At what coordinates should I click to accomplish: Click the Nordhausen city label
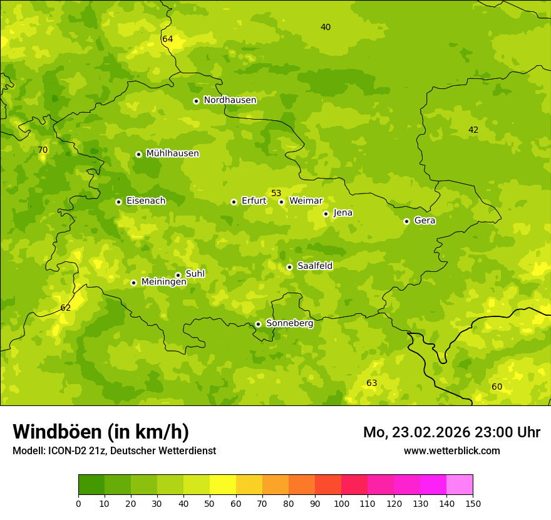[230, 100]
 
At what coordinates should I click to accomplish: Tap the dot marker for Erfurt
[234, 202]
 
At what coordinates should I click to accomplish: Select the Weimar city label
[306, 201]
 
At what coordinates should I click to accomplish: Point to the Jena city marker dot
[326, 214]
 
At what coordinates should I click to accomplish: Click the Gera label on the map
[425, 221]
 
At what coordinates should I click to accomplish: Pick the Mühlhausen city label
[172, 153]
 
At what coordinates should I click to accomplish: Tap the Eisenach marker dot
[118, 202]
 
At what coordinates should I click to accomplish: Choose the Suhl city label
[195, 274]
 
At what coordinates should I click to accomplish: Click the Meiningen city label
[163, 282]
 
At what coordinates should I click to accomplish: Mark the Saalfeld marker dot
[289, 267]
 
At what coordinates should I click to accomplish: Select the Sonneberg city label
[289, 323]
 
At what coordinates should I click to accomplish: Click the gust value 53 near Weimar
[276, 193]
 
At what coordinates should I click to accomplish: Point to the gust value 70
[43, 150]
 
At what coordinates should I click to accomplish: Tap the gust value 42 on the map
[473, 130]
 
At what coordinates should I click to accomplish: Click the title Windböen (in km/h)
[101, 432]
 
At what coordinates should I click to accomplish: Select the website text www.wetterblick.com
[451, 450]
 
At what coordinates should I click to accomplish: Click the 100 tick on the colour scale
[341, 503]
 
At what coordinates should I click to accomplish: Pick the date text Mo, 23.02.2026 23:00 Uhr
[451, 432]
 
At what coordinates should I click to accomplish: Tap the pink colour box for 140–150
[460, 484]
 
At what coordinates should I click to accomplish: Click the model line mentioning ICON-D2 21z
[114, 450]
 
